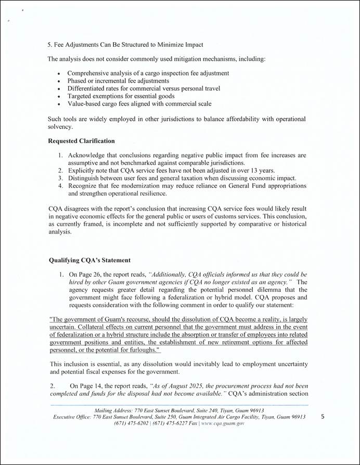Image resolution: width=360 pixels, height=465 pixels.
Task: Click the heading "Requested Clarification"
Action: pyautogui.click(x=81, y=141)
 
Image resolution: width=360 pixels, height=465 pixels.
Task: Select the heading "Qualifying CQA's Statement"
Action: pyautogui.click(x=89, y=260)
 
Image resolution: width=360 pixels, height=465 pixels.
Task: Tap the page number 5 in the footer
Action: pyautogui.click(x=323, y=417)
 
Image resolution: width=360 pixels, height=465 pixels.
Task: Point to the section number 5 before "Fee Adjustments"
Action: pyautogui.click(x=49, y=45)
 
